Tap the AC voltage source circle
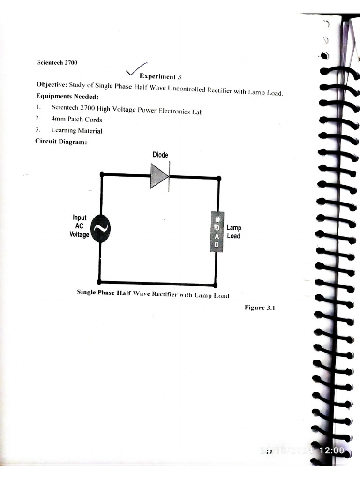(100, 228)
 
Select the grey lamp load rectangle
(217, 232)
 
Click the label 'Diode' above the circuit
(160, 155)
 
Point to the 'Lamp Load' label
(233, 232)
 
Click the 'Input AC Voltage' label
(79, 226)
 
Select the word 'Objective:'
(52, 85)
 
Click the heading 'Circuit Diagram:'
(61, 142)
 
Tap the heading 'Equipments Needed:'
(67, 97)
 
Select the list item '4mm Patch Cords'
(76, 120)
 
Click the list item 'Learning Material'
(76, 131)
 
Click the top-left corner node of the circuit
(102, 174)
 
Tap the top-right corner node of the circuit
(219, 178)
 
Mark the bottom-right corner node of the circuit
(215, 285)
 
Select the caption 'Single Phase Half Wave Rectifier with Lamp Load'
(153, 294)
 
